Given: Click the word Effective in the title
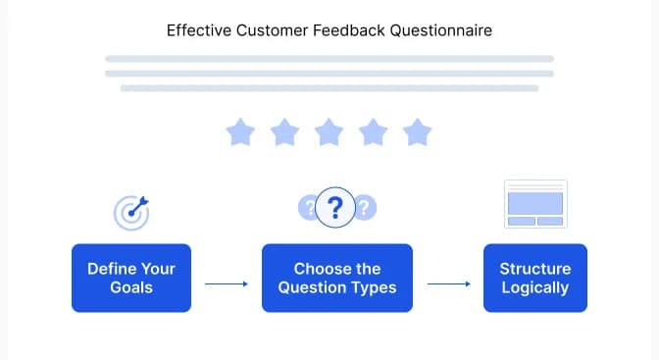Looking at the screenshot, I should (x=194, y=30).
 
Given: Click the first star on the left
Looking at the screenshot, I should (x=239, y=131).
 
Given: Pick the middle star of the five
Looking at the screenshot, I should (x=329, y=131).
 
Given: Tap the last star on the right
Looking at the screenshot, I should (x=418, y=131).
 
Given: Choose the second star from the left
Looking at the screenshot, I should (x=284, y=131).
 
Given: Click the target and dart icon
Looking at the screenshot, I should (x=131, y=210).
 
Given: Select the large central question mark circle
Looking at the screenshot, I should (x=336, y=207).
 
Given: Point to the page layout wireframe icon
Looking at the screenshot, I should (x=534, y=203).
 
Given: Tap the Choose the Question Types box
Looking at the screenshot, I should (x=336, y=279).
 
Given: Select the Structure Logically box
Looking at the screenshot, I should (x=534, y=279).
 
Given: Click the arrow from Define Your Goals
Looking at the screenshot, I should (x=226, y=284).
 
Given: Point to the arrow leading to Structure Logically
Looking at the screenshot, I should (x=449, y=284).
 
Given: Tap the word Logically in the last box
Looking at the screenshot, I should (x=534, y=288).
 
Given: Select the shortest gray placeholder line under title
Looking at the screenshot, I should (x=329, y=88).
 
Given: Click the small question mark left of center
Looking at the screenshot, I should (x=309, y=207).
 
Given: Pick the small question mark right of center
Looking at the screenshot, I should (x=365, y=207).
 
